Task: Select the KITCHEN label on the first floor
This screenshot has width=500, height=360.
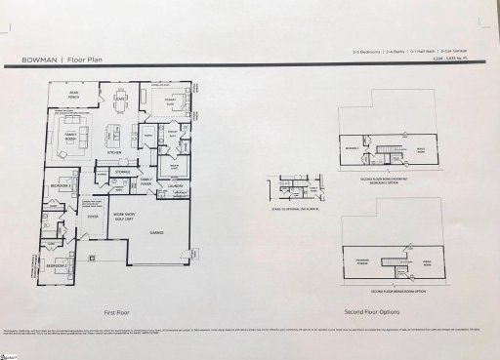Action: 113,153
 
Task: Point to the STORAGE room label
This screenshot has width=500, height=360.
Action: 122,171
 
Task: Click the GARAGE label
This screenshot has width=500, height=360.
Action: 154,233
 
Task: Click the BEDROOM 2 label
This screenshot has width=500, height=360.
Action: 59,264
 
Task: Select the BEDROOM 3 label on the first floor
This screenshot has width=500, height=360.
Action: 60,184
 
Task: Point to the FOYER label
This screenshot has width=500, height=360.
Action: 94,218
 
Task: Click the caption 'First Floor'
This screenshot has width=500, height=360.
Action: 118,313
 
